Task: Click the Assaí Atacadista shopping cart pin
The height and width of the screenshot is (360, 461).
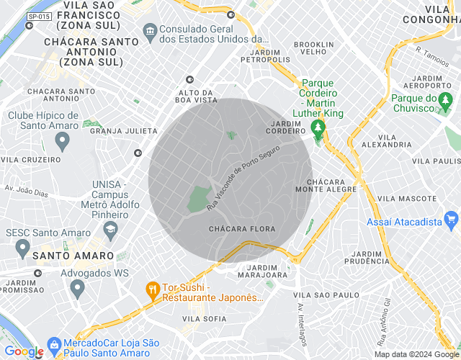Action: [452, 218]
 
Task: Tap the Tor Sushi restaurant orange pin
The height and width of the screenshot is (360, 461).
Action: [152, 290]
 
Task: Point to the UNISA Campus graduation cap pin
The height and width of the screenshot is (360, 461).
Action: [110, 230]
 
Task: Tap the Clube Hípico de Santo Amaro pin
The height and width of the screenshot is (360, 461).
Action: [62, 140]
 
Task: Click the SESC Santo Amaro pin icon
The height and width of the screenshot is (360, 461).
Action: [22, 248]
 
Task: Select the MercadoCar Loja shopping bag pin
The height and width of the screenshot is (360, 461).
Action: [53, 344]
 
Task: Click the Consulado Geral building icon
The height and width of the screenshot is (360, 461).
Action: [150, 31]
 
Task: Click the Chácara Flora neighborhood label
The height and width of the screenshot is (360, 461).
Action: [237, 228]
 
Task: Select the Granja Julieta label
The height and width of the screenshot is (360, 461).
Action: [124, 131]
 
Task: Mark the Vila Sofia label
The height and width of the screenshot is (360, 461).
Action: [205, 318]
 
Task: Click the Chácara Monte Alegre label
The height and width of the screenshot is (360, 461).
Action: [331, 185]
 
